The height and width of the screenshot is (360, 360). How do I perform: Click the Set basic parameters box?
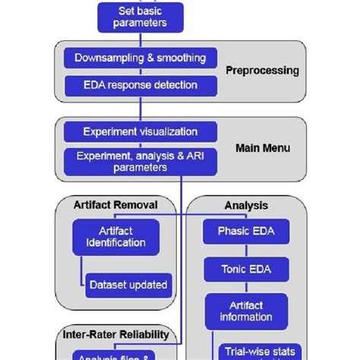(139, 17)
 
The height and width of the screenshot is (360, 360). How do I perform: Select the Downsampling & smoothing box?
(140, 58)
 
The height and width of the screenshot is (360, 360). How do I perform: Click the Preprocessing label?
(262, 71)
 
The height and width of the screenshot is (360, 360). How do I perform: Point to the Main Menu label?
(263, 148)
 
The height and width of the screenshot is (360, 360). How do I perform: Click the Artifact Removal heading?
(115, 205)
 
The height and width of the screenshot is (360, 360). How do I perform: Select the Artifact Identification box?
(115, 237)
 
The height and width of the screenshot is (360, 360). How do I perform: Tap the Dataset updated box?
(128, 286)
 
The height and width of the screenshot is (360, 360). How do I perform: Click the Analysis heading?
(246, 205)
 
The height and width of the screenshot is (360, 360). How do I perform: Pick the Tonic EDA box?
(246, 268)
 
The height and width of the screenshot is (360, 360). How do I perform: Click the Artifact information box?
(246, 311)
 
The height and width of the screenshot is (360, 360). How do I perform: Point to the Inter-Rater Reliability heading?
(115, 335)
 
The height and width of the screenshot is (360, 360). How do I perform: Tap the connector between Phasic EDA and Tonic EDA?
(246, 250)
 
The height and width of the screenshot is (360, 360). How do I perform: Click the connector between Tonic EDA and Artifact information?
(246, 287)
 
